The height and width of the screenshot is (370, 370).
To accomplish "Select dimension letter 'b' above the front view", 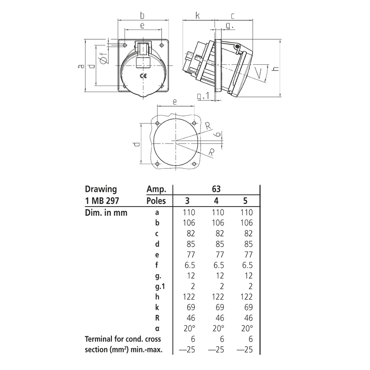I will (142, 16).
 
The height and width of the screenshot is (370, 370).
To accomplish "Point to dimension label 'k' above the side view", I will (198, 16).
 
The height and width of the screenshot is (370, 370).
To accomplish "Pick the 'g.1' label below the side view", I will (203, 96).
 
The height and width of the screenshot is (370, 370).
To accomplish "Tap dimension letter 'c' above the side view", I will (232, 16).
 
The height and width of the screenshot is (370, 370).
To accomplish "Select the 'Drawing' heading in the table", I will (101, 189).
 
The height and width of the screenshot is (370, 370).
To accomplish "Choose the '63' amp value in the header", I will (216, 189).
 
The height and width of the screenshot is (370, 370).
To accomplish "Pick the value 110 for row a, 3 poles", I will (189, 212).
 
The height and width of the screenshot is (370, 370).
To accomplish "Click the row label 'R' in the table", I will (157, 318).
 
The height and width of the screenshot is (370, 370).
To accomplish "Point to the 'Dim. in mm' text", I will (106, 212).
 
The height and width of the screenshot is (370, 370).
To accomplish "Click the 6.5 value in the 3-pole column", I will (189, 265).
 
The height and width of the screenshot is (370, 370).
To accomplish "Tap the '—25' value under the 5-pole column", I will (245, 350).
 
